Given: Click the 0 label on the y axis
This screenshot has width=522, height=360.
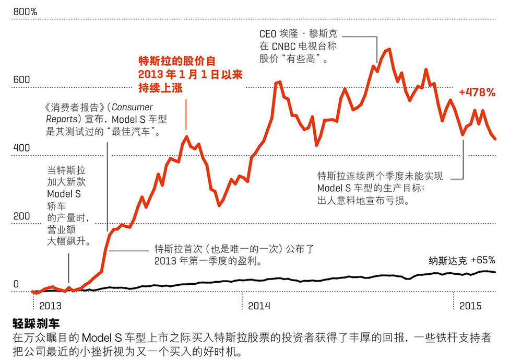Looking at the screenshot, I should (x=16, y=285).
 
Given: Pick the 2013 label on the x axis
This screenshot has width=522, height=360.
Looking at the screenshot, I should (x=50, y=306).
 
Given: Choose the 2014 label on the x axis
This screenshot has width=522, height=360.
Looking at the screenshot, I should (x=259, y=306).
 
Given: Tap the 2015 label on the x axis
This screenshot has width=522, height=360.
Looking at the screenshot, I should (x=470, y=306).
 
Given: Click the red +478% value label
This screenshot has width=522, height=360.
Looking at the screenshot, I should (x=477, y=92).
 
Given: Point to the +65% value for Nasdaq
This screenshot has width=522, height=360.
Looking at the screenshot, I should (x=483, y=260).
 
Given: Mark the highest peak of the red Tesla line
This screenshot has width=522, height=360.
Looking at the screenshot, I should (x=388, y=50).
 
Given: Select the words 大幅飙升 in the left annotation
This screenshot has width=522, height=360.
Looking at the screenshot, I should (x=69, y=241).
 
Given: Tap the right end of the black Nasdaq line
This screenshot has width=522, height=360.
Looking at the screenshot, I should (x=495, y=272).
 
